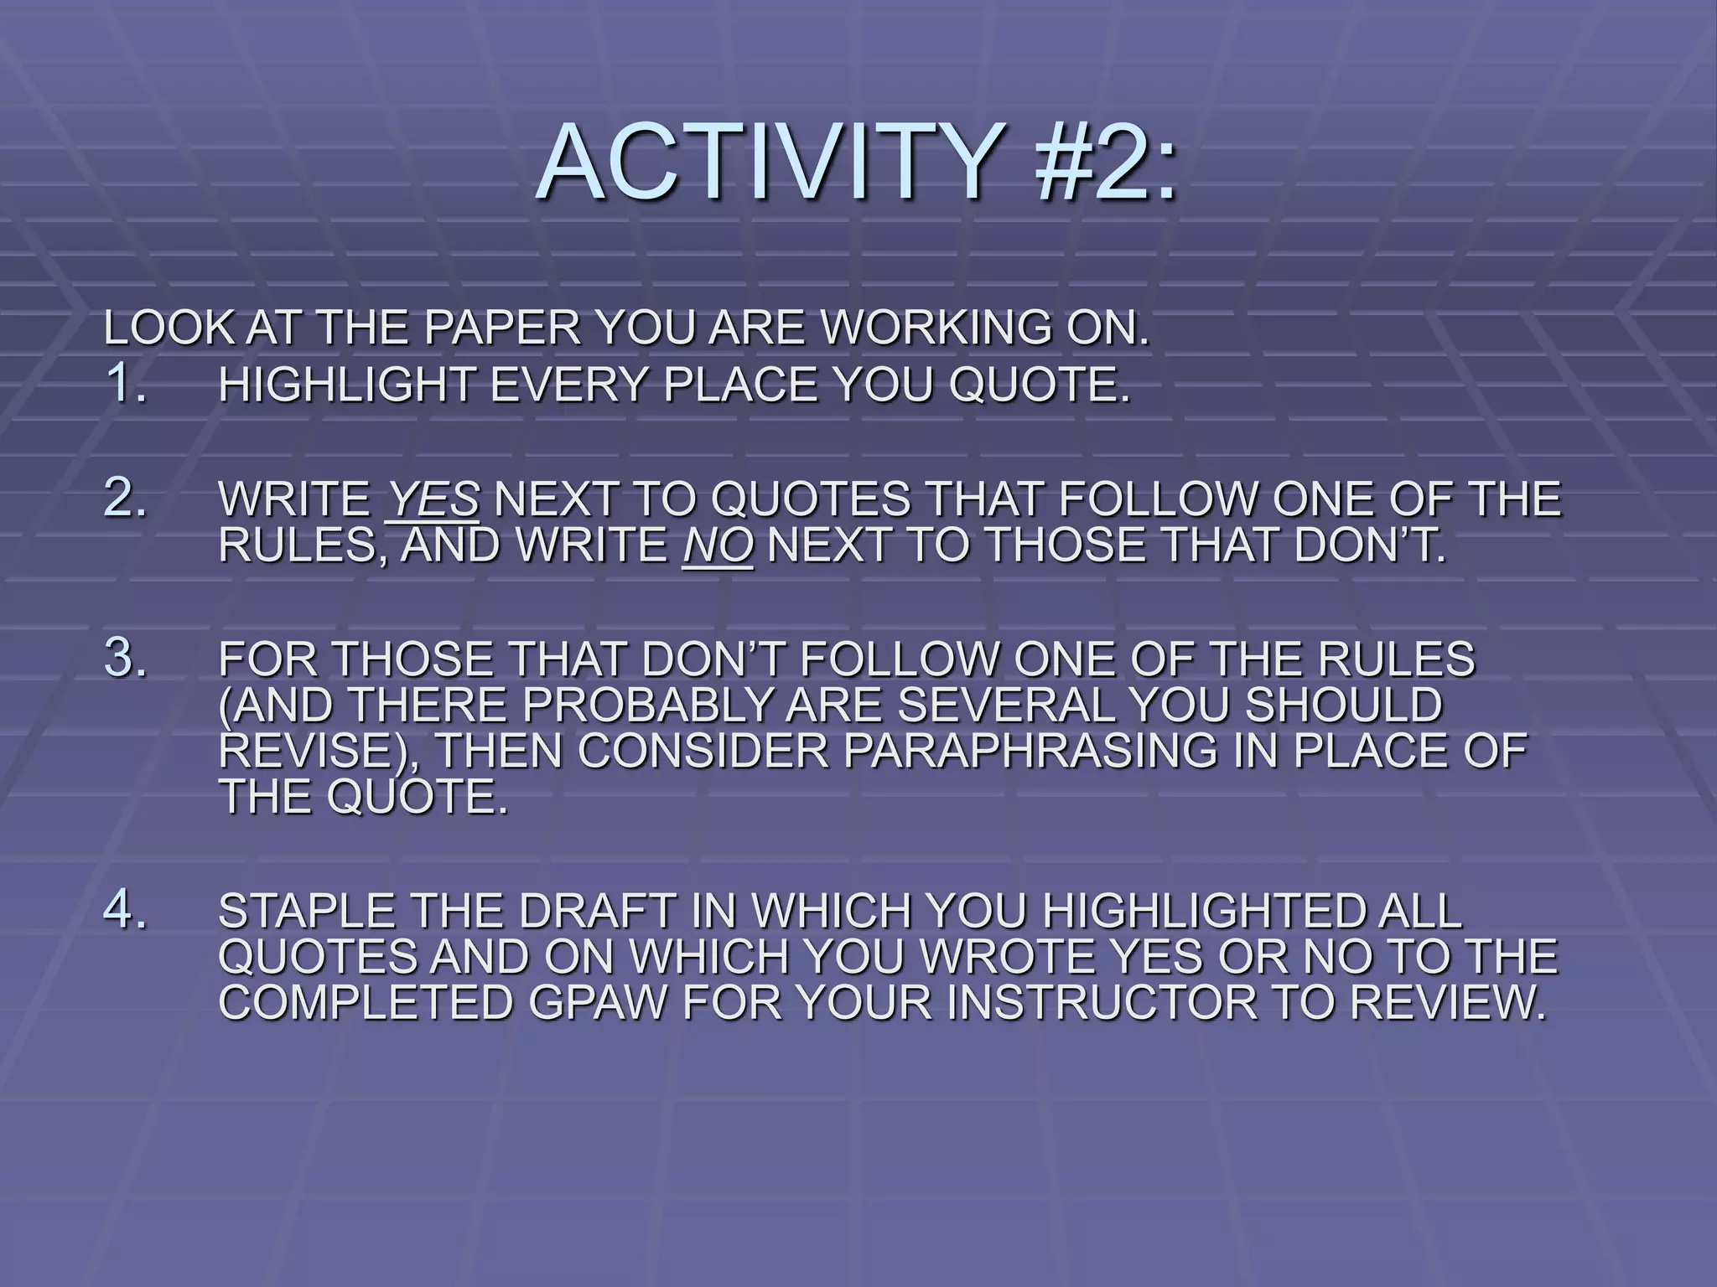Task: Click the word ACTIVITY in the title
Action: (x=765, y=161)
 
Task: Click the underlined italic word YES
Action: (x=433, y=500)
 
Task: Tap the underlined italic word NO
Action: (x=718, y=545)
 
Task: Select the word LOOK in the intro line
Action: (x=168, y=328)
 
